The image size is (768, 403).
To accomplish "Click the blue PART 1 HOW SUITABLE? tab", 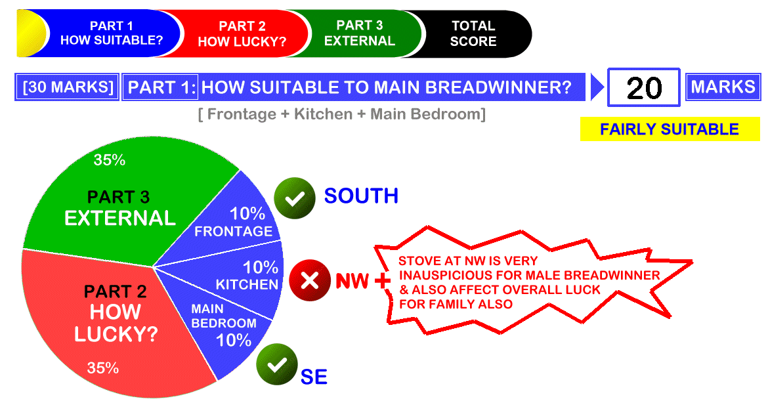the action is click(x=112, y=33).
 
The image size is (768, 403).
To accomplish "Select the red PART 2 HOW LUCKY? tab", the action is click(x=242, y=33).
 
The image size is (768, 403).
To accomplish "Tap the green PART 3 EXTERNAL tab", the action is click(x=360, y=33).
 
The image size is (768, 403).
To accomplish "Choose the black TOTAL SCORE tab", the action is click(x=473, y=33).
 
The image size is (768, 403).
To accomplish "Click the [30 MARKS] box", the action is click(x=68, y=87).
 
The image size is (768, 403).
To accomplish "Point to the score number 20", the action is click(x=643, y=88).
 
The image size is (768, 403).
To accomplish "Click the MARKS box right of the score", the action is click(x=723, y=87).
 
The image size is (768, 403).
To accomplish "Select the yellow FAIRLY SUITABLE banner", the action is click(x=670, y=129).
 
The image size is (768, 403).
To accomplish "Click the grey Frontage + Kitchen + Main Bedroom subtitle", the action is click(x=342, y=114).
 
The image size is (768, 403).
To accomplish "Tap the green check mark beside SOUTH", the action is click(x=294, y=198).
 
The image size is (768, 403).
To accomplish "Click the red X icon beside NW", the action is click(x=310, y=280).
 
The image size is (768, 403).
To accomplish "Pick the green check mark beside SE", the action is click(x=277, y=364).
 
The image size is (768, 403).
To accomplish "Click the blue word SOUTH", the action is click(x=361, y=196).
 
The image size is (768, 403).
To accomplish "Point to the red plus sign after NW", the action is click(x=383, y=280).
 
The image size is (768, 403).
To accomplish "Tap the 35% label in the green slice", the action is click(x=109, y=159).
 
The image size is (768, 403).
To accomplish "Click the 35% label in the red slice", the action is click(x=103, y=368).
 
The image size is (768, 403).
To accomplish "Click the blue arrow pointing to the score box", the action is click(x=597, y=87).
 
